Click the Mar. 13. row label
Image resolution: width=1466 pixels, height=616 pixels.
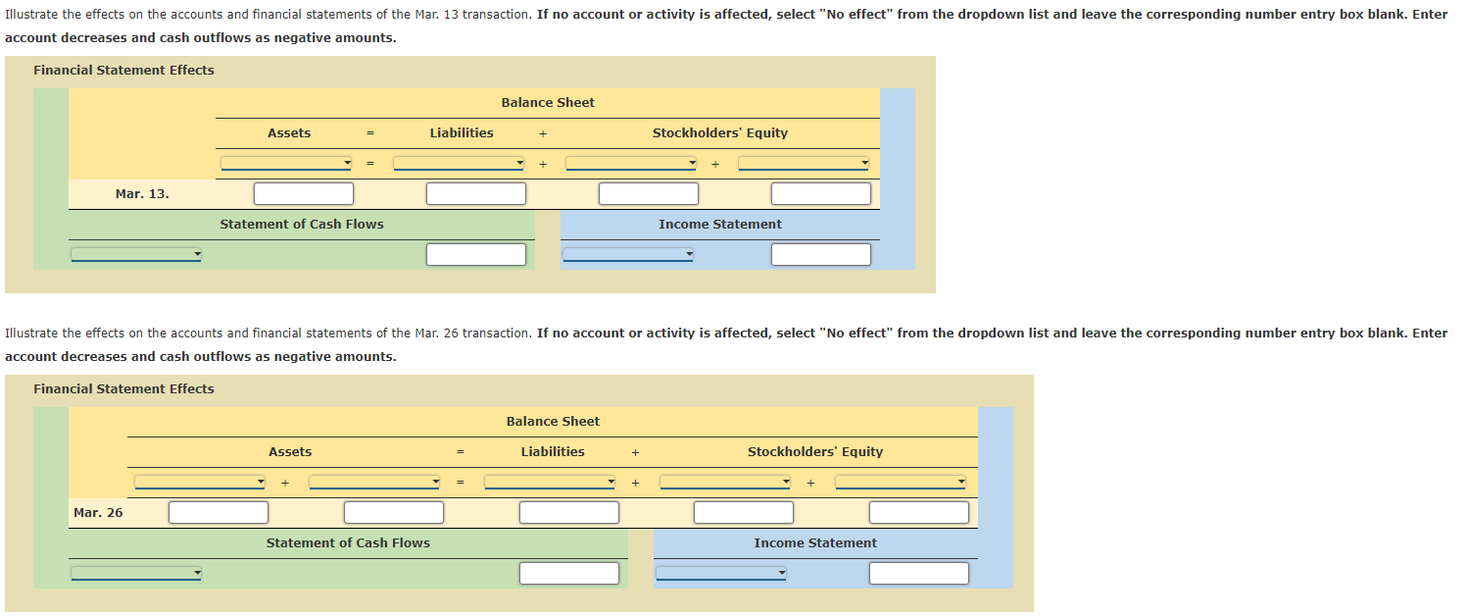[x=142, y=194]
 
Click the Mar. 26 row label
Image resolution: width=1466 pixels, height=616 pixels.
[x=98, y=513]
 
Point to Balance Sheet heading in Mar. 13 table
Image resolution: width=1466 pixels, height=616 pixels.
[x=548, y=103]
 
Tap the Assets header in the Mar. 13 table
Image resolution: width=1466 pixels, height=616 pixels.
[x=289, y=133]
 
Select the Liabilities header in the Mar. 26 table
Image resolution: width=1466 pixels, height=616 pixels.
[x=553, y=452]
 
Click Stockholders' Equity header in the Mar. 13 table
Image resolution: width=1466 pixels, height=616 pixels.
[x=719, y=133]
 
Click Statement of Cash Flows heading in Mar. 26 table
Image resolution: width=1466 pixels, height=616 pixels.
[x=348, y=543]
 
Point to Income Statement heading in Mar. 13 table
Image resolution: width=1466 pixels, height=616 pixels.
[x=719, y=225]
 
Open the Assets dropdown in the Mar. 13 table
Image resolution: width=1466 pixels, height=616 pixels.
[x=286, y=164]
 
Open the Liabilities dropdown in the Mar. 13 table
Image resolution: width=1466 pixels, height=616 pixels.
[x=459, y=164]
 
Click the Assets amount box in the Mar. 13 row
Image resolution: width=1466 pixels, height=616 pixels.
[x=304, y=194]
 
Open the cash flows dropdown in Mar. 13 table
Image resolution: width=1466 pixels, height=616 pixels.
[x=136, y=255]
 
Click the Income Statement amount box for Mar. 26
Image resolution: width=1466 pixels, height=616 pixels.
[x=918, y=574]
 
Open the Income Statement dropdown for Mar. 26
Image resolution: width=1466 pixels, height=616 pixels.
[x=721, y=574]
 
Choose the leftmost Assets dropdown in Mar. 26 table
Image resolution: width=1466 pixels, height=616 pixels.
[x=200, y=483]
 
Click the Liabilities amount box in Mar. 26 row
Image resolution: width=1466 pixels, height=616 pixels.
[x=569, y=513]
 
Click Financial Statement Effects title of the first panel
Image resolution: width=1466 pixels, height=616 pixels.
[x=123, y=71]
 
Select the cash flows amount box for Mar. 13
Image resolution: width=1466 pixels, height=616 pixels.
[x=476, y=255]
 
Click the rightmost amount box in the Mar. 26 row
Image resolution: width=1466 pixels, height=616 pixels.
[x=918, y=513]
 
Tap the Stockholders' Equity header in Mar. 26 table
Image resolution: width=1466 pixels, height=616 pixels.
[x=814, y=452]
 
